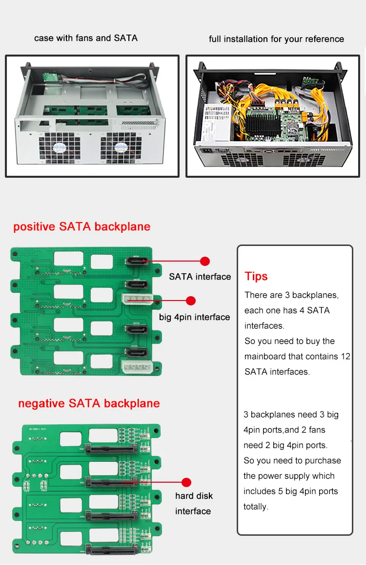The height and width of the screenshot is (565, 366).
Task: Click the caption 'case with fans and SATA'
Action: point(86,38)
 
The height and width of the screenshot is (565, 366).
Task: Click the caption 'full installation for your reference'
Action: point(276,39)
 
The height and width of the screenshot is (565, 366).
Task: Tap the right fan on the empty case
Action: point(122,146)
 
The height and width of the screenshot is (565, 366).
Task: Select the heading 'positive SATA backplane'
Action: point(81,226)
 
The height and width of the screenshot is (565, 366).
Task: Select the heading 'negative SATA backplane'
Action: point(89,403)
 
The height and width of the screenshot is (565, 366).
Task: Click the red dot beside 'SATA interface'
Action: point(205,262)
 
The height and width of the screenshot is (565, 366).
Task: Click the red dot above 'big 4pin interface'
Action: point(191,301)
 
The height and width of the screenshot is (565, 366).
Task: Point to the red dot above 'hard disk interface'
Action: point(186,482)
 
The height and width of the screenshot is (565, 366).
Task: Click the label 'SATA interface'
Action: point(200,277)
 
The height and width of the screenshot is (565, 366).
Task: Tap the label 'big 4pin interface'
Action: point(194,317)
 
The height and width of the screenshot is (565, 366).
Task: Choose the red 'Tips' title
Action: point(256,276)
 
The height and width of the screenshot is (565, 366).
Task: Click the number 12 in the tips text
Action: point(345,357)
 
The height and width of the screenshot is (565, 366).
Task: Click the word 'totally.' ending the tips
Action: point(256,507)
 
